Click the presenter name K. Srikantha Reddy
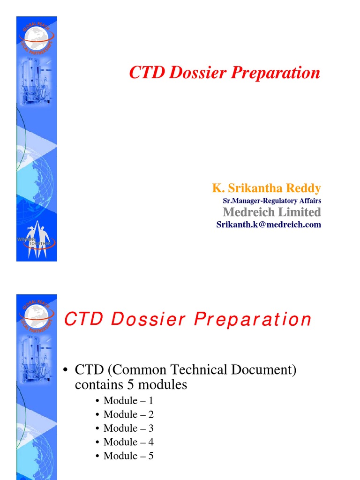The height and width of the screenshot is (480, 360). tap(266, 188)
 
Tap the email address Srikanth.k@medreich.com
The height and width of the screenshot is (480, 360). tap(269, 225)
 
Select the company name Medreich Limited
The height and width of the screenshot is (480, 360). tap(271, 212)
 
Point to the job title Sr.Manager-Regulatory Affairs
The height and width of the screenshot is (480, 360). tap(272, 201)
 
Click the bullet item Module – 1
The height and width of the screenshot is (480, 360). tap(128, 401)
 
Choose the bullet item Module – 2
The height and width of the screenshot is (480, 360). tap(128, 414)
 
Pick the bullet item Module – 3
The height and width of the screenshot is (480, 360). tap(128, 428)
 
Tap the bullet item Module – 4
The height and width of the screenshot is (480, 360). tap(128, 442)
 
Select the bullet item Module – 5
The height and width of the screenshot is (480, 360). tap(128, 456)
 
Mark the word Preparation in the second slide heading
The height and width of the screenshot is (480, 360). tap(253, 320)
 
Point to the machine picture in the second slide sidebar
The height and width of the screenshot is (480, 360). tap(36, 359)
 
